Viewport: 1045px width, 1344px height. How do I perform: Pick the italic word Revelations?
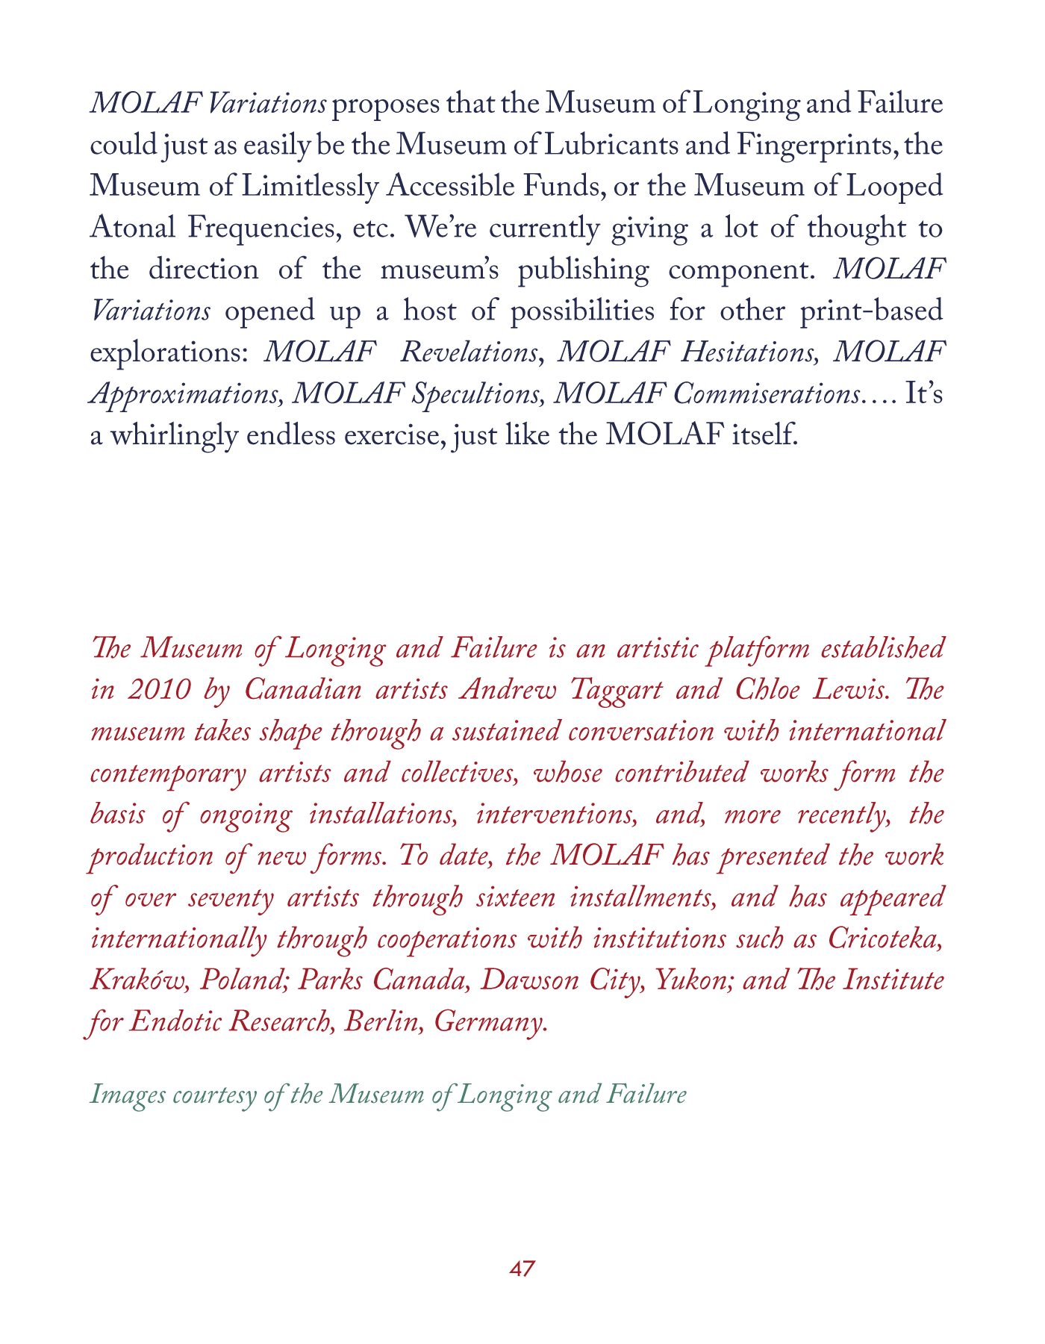(469, 352)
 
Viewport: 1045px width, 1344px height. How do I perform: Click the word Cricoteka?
(886, 939)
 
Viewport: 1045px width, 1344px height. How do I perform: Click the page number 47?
(522, 1269)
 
